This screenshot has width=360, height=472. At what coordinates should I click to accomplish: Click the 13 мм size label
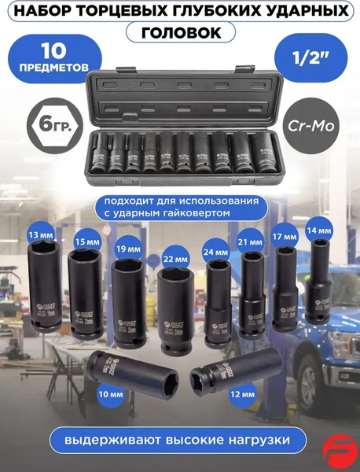[x=40, y=234]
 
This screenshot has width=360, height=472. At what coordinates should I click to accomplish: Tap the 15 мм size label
[x=87, y=242]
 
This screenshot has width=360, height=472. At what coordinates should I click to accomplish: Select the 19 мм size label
[x=128, y=249]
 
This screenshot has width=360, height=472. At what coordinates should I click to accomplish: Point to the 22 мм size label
[x=174, y=259]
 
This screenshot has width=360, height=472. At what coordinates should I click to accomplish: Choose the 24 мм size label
[x=215, y=252]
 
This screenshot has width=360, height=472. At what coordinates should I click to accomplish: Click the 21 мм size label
[x=250, y=242]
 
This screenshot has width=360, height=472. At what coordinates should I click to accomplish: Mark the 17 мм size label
[x=285, y=237]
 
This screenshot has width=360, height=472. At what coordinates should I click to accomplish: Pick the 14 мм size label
[x=319, y=230]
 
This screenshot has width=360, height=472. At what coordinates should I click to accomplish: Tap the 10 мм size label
[x=111, y=394]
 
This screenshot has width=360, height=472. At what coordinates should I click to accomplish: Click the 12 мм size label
[x=242, y=394]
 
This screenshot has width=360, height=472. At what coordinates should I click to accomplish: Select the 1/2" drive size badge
[x=311, y=57]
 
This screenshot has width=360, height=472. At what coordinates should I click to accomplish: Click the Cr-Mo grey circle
[x=311, y=126]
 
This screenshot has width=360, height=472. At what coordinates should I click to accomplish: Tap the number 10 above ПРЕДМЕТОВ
[x=54, y=50]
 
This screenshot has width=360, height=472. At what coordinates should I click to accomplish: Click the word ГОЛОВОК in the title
[x=181, y=32]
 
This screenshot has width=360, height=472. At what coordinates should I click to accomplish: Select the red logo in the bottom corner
[x=340, y=451]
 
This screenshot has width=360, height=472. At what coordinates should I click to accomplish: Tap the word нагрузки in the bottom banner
[x=259, y=440]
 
